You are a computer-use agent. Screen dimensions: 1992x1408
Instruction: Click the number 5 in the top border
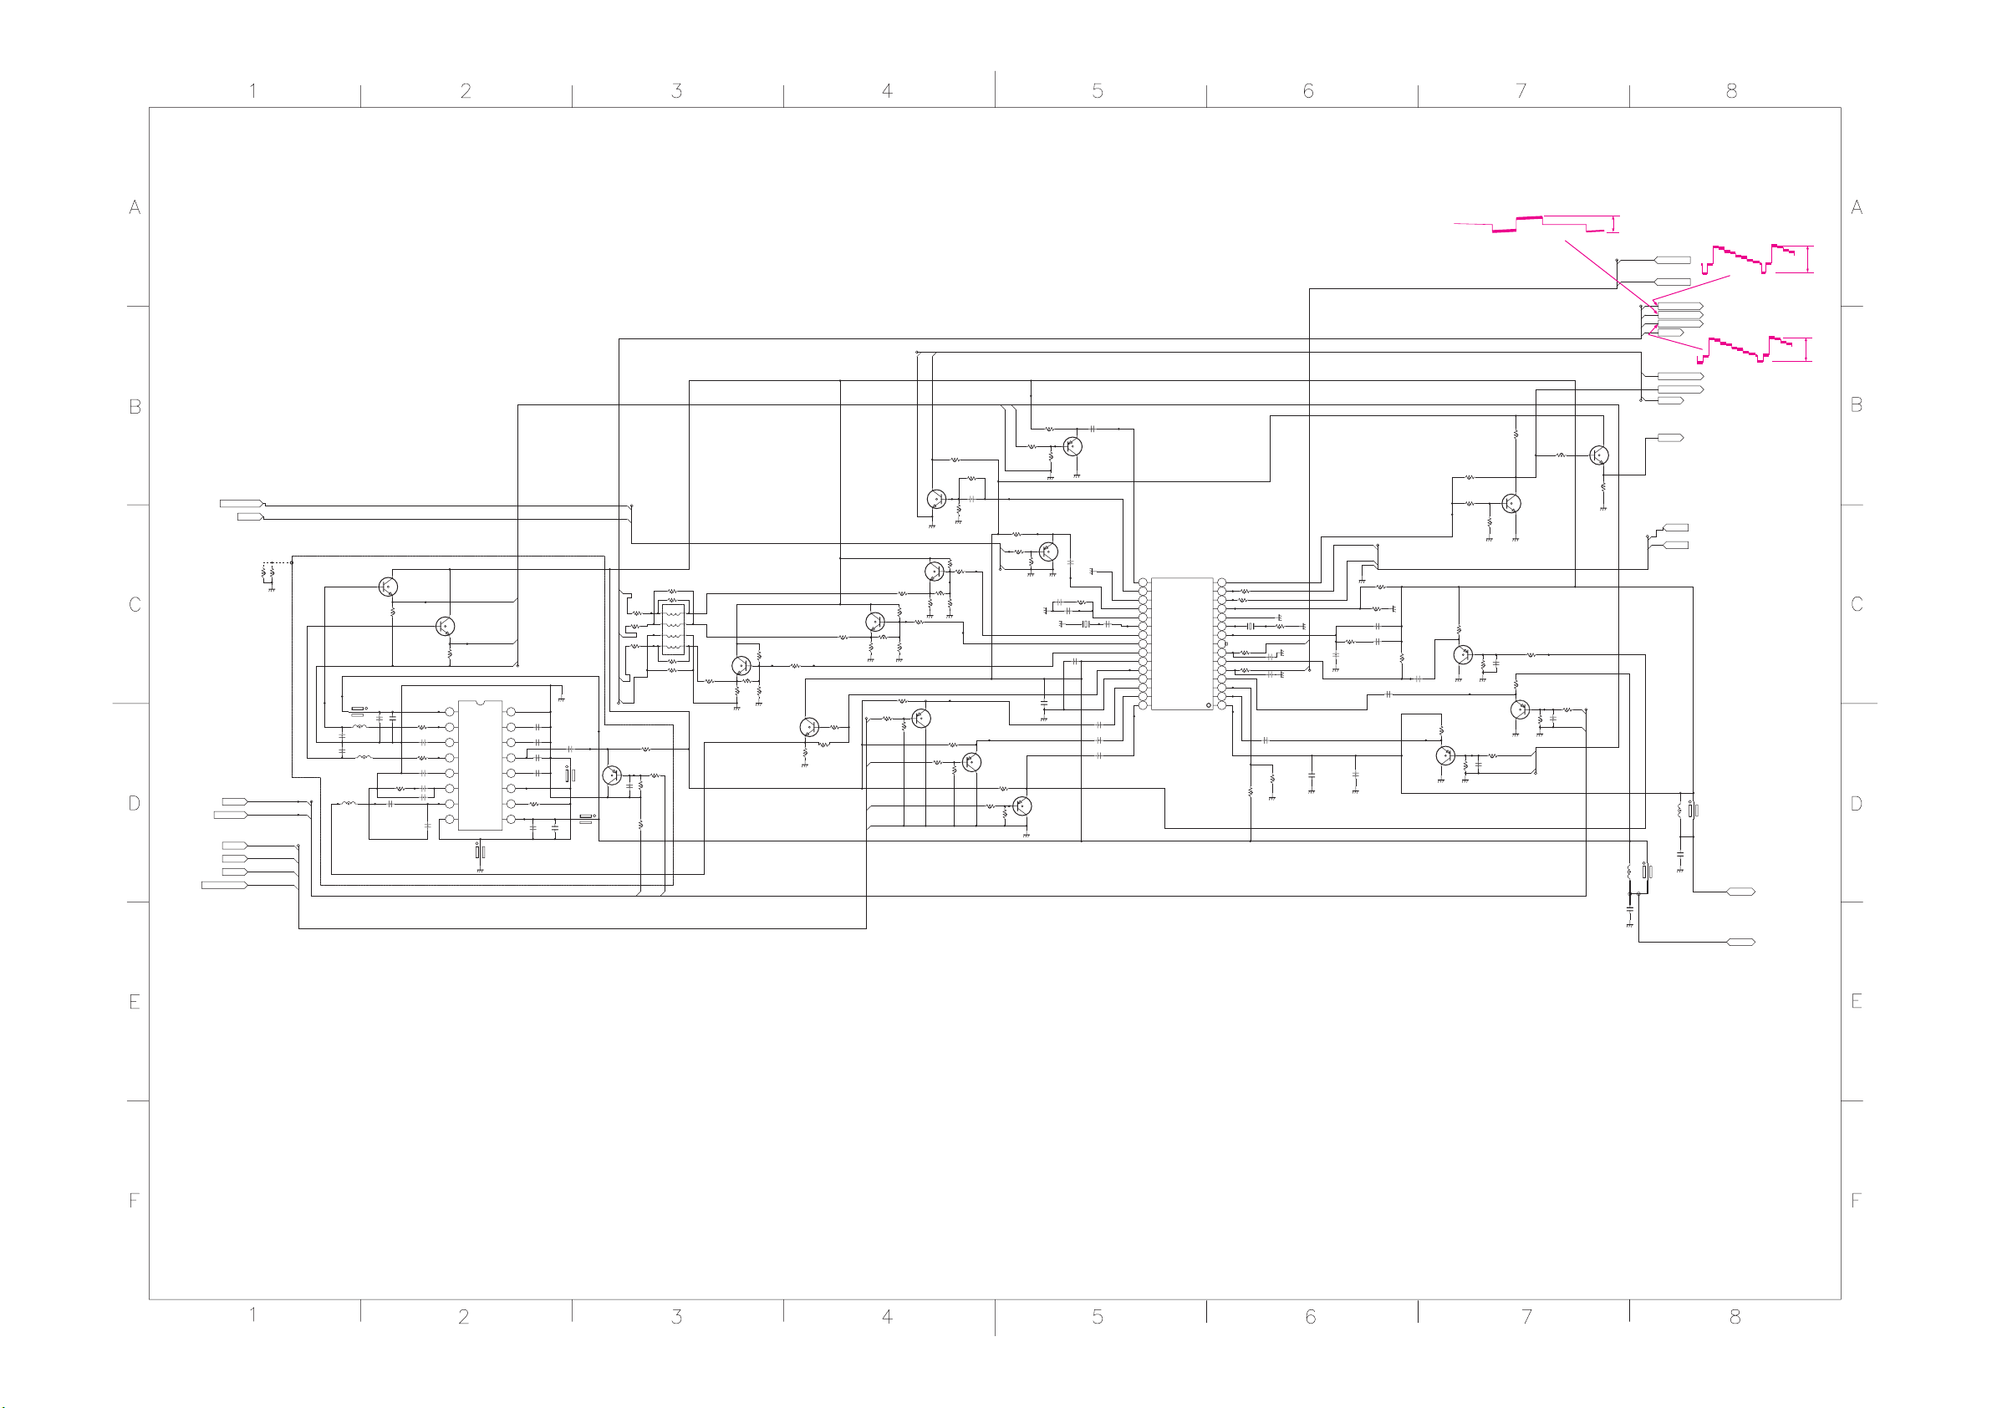click(1098, 91)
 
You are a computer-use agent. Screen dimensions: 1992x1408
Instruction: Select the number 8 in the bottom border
click(1735, 1317)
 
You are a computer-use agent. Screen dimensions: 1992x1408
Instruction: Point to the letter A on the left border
click(135, 207)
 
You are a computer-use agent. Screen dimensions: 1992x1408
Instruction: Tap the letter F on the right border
click(1856, 1201)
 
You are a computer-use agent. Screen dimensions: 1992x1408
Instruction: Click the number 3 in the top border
click(677, 91)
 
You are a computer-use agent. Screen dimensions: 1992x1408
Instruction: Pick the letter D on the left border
click(135, 803)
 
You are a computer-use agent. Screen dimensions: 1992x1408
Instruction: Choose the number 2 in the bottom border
click(464, 1317)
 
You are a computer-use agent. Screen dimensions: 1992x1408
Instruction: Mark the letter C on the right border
click(1857, 604)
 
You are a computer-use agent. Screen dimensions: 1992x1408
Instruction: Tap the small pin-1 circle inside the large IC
click(1209, 705)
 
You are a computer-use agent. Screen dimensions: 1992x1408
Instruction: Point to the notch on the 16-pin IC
click(480, 702)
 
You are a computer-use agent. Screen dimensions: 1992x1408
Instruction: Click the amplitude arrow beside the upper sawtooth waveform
click(1808, 259)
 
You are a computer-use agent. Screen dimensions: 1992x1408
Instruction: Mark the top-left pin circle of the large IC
click(1143, 582)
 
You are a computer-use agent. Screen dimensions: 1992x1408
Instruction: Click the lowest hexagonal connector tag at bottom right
click(1740, 942)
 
